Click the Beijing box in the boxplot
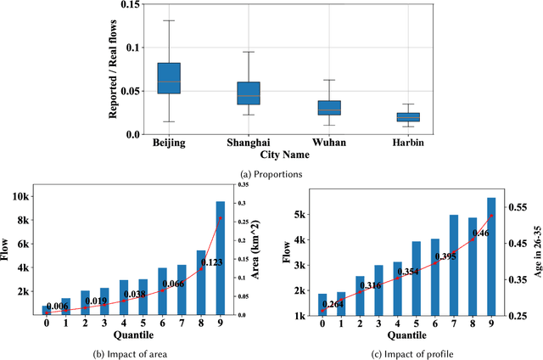click(x=169, y=77)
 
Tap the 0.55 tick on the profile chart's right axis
click(x=517, y=207)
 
